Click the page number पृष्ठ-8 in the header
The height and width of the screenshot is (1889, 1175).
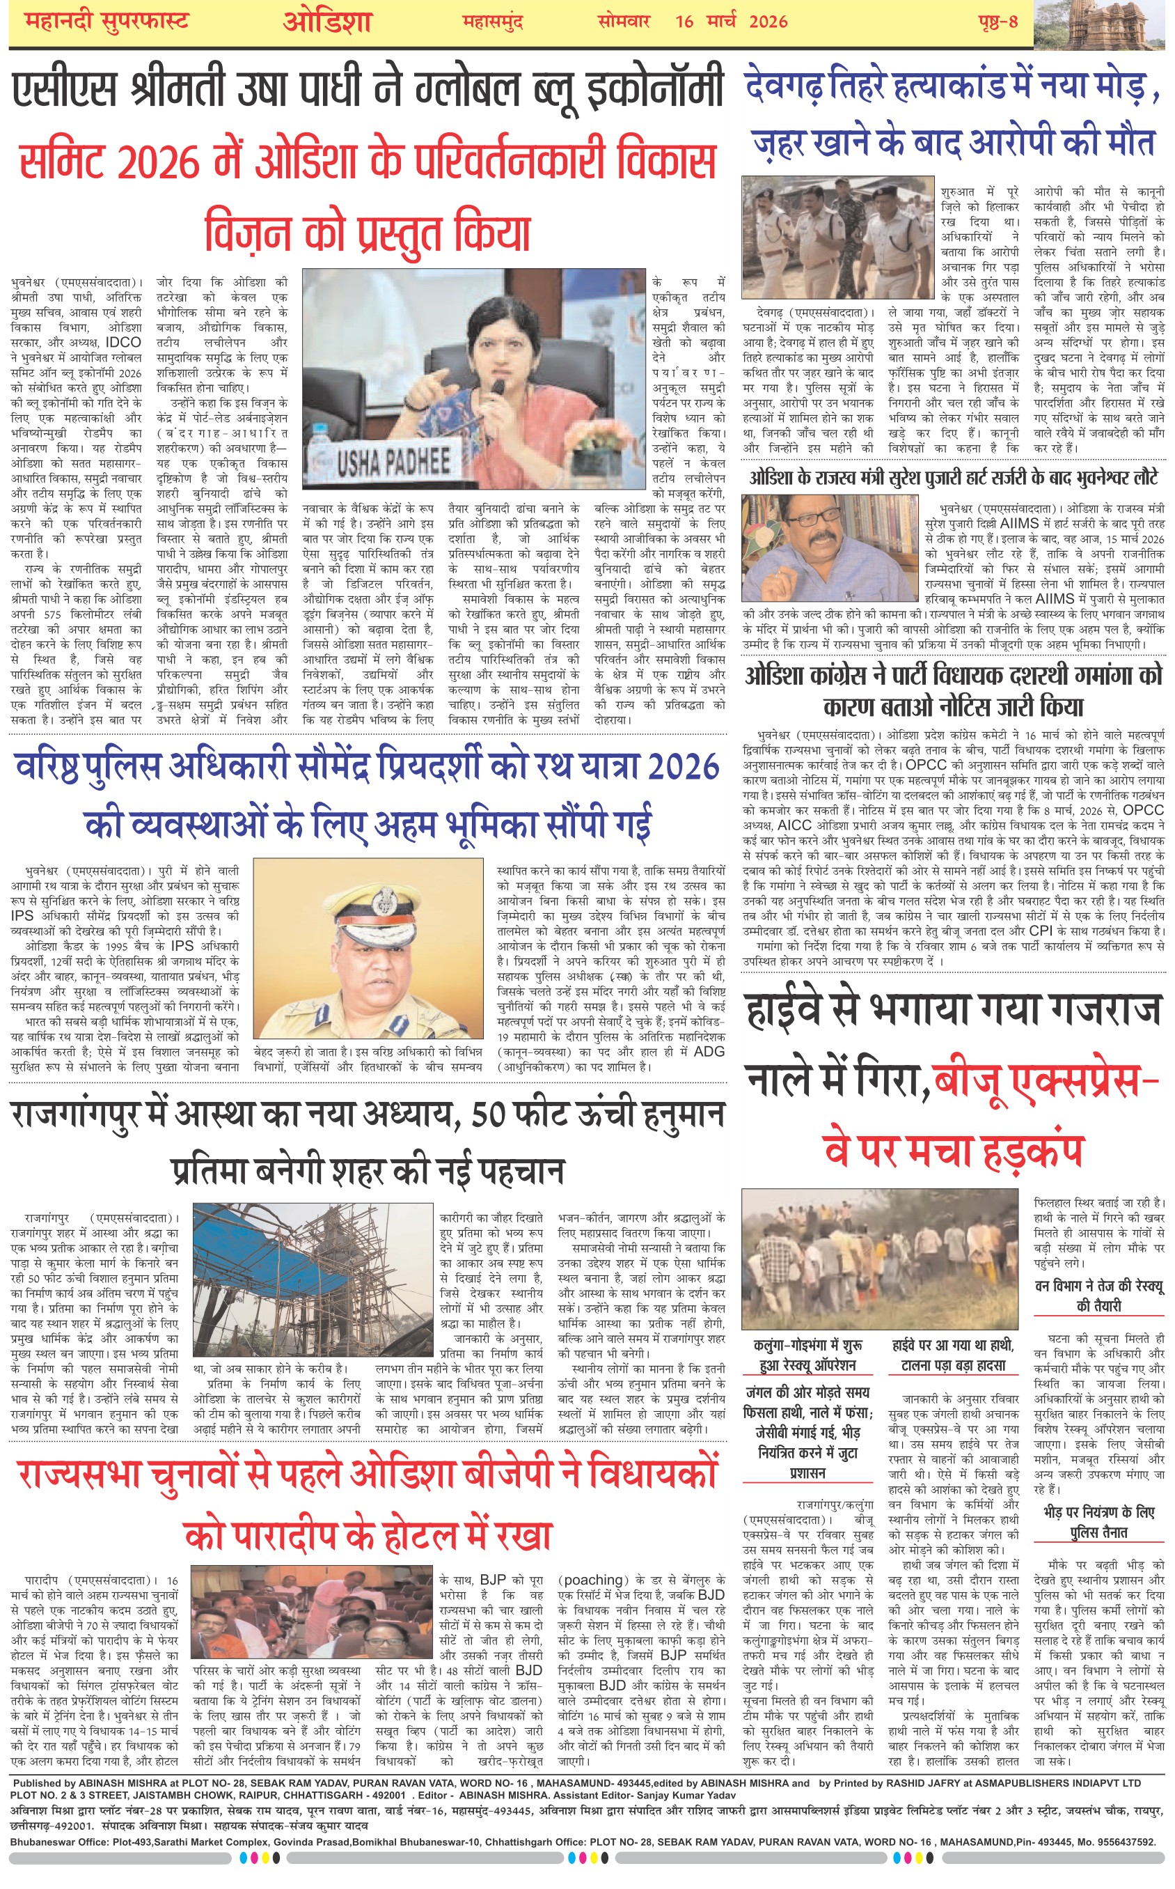(997, 22)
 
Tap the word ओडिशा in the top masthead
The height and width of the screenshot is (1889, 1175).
(327, 22)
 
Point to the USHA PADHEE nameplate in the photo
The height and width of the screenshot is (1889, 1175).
(393, 462)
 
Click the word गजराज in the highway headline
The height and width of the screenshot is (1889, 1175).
(1103, 1010)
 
